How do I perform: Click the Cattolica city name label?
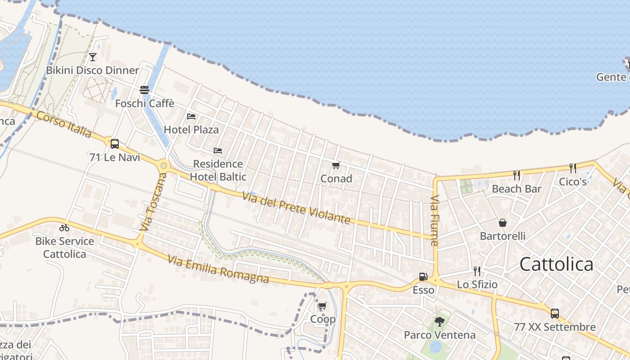(x=557, y=264)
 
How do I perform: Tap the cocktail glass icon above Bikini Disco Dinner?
(x=93, y=57)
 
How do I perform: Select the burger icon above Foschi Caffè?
(x=144, y=90)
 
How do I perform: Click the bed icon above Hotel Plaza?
(x=191, y=117)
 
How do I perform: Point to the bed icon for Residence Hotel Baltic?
(x=218, y=150)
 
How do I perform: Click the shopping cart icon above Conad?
(x=336, y=166)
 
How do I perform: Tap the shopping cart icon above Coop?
(x=322, y=306)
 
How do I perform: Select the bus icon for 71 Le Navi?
(x=115, y=144)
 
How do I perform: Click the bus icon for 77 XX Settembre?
(x=555, y=313)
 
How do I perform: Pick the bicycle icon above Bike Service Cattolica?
(x=64, y=228)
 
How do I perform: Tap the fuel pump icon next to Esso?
(x=423, y=277)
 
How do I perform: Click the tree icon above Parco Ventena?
(x=440, y=322)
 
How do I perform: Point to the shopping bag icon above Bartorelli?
(x=503, y=223)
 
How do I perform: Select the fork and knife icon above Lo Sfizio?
(x=477, y=271)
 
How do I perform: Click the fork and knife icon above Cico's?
(x=572, y=168)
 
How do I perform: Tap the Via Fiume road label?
(x=434, y=220)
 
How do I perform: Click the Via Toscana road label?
(x=153, y=202)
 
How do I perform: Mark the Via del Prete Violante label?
(x=296, y=208)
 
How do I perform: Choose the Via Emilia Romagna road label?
(x=218, y=270)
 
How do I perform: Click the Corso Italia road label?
(x=63, y=124)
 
